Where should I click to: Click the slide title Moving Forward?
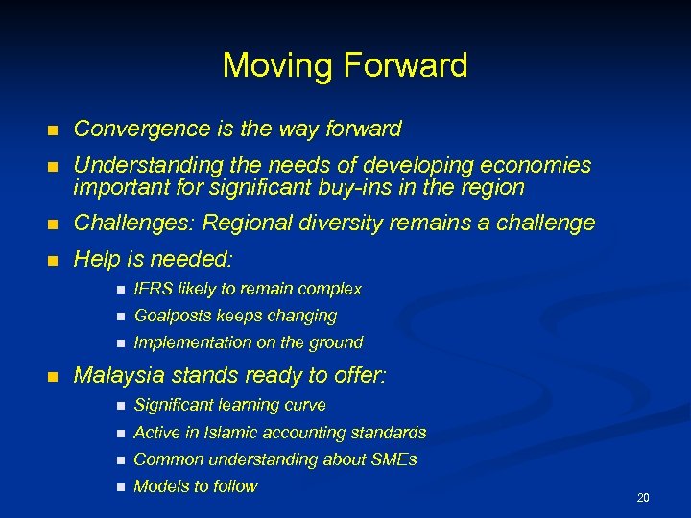coord(345,66)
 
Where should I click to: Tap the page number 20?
coord(643,497)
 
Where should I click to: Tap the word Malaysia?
coord(114,375)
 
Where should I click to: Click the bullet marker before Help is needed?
coord(55,260)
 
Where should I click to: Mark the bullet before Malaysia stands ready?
coord(55,376)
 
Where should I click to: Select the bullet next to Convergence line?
coord(55,129)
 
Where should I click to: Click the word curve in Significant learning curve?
coord(305,406)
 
